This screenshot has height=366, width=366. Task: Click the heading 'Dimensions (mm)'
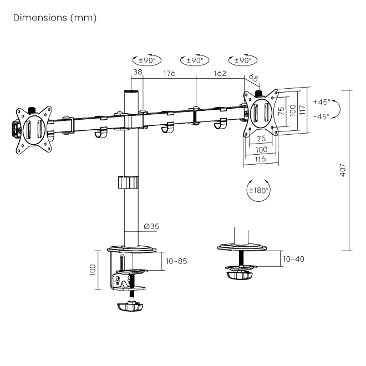[x=54, y=18]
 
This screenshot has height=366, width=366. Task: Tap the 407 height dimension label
[x=343, y=170]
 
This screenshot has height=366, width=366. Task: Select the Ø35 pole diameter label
[x=151, y=226]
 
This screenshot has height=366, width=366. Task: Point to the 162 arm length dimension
[x=220, y=72]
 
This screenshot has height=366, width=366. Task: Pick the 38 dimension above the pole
[x=138, y=72]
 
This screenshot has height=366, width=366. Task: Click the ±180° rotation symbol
[x=258, y=190]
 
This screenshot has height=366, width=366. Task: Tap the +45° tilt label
[x=321, y=102]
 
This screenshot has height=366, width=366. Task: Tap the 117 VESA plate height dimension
[x=302, y=109]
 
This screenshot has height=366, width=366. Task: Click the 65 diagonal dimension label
[x=253, y=78]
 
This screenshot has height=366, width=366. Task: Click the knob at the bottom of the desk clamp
[x=131, y=307]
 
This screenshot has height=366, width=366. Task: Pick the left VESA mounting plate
[x=33, y=127]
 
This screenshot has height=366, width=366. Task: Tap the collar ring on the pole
[x=128, y=182]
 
